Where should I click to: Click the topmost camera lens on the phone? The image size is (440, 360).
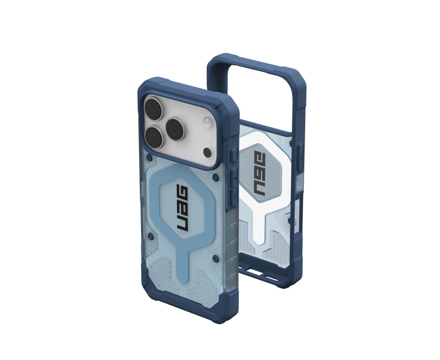click(154, 108)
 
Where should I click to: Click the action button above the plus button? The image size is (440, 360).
click(234, 156)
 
